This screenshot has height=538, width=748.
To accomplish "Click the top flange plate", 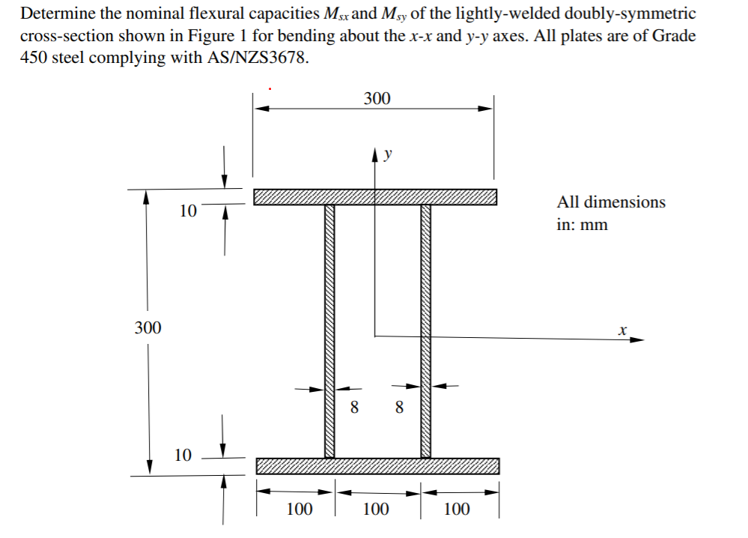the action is pyautogui.click(x=374, y=197).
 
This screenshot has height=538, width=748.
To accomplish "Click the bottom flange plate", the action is pyautogui.click(x=377, y=466).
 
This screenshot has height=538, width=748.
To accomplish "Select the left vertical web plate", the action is pyautogui.click(x=329, y=330).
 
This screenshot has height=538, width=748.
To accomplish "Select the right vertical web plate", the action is pyautogui.click(x=425, y=330).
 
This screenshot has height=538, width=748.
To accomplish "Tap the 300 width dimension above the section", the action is pyautogui.click(x=377, y=98).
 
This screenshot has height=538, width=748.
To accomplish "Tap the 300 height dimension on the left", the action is pyautogui.click(x=148, y=327).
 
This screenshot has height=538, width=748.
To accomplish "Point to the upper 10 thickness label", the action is pyautogui.click(x=188, y=211).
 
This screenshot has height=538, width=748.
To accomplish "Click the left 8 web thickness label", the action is pyautogui.click(x=354, y=408).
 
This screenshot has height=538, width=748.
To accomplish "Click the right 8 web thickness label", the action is pyautogui.click(x=398, y=408).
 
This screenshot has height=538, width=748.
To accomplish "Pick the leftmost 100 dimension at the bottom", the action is pyautogui.click(x=299, y=510).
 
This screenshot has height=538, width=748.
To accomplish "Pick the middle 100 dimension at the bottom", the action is pyautogui.click(x=376, y=510).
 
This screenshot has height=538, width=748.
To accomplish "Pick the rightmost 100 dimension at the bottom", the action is pyautogui.click(x=457, y=510).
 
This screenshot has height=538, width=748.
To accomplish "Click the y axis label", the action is pyautogui.click(x=388, y=156).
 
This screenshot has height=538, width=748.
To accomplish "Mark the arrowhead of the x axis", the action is pyautogui.click(x=637, y=339).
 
